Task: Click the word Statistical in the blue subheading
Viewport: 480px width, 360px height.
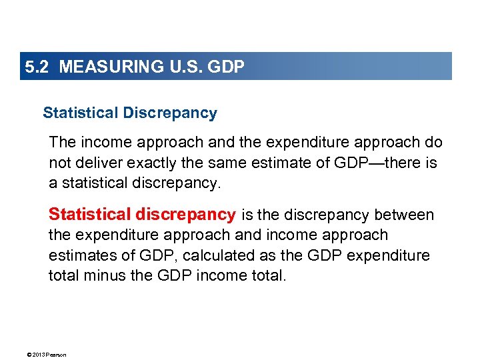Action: [81, 113]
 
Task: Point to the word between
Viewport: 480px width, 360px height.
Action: [404, 215]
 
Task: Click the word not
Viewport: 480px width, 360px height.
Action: [59, 163]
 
